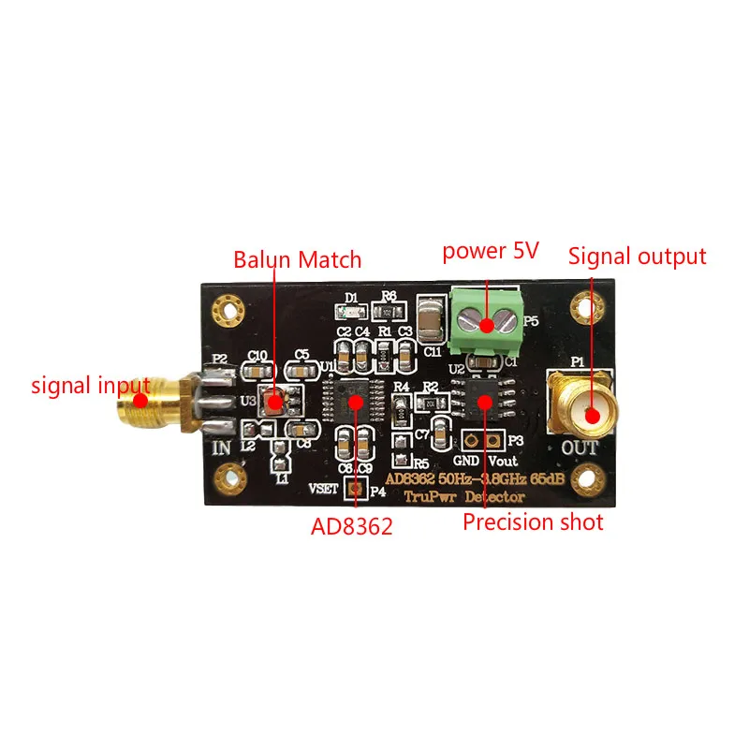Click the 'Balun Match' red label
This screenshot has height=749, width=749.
[x=298, y=258]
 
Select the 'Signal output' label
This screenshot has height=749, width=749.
[x=638, y=256]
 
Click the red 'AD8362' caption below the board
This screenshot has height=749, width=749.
[x=351, y=526]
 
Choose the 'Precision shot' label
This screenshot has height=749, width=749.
[x=534, y=521]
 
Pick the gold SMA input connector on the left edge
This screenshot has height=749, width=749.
[x=150, y=403]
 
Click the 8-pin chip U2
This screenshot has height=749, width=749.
[x=484, y=402]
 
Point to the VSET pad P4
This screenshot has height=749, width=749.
[x=355, y=488]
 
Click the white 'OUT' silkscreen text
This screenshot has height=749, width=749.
[x=579, y=448]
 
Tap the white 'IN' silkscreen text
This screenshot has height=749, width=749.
[x=222, y=448]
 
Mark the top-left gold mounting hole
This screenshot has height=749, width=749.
[x=225, y=306]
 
